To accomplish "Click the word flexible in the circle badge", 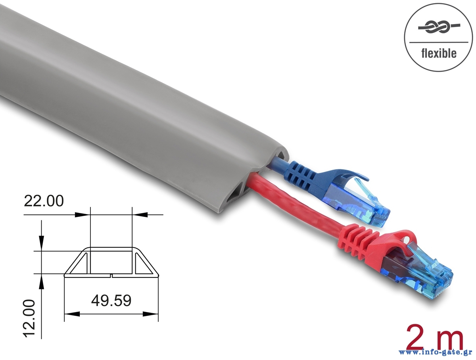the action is [x=439, y=53].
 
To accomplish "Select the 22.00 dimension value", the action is [x=44, y=201].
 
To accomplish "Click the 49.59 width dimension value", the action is [x=111, y=301].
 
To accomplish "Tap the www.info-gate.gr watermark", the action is [x=433, y=352].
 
